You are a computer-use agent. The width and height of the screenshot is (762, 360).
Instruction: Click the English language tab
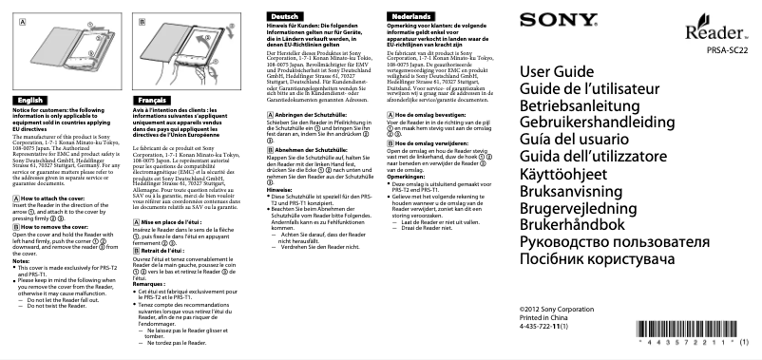pyautogui.click(x=31, y=125)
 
